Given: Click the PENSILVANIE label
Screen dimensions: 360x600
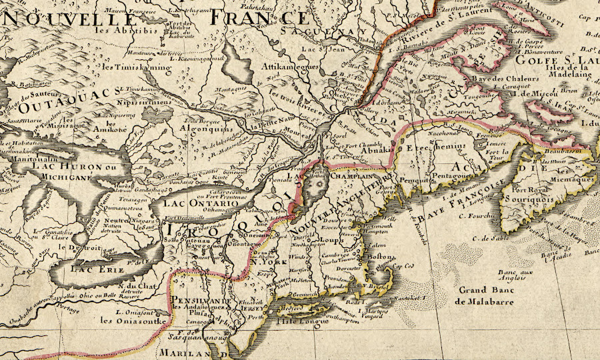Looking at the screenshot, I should pyautogui.click(x=203, y=301).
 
